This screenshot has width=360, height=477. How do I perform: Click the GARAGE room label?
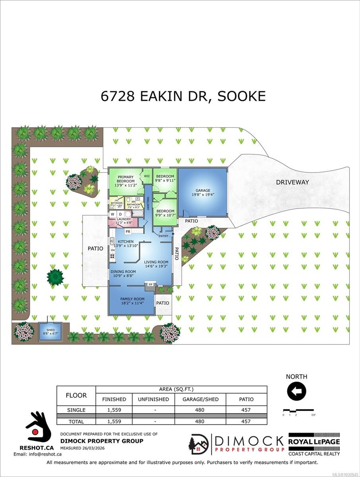[203, 190]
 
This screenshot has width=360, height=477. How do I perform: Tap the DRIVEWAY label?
[292, 182]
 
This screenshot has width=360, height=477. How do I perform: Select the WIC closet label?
[147, 176]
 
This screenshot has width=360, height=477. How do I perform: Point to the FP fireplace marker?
[150, 285]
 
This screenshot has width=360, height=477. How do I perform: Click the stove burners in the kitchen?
[113, 256]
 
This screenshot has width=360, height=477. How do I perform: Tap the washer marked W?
[113, 215]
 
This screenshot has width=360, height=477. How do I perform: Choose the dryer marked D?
[120, 215]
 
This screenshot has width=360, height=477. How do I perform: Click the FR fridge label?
[128, 231]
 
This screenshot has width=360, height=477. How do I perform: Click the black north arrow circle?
[296, 392]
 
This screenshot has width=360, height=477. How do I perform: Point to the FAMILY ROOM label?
[132, 299]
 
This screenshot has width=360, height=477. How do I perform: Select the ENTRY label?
[163, 236]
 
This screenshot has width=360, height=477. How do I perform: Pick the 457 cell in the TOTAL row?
[247, 421]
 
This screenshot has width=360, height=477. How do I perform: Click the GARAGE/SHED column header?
[200, 399]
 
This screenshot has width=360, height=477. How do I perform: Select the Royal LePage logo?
[314, 441]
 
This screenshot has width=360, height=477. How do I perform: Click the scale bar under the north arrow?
[298, 410]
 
